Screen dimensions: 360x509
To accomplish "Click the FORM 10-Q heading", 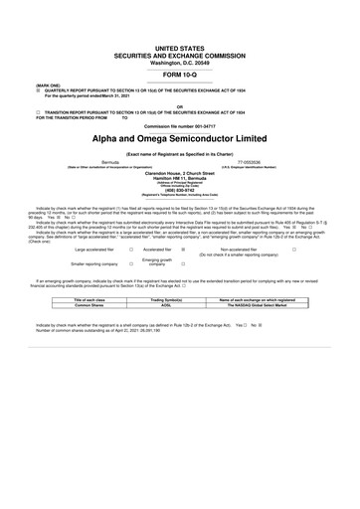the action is (180, 75).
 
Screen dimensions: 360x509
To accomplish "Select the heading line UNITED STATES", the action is (180, 48).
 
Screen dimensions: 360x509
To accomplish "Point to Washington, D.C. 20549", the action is (180, 63).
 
